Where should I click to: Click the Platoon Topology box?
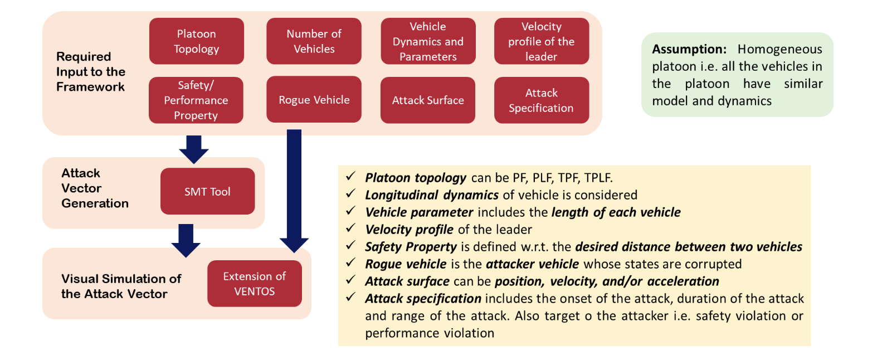[x=197, y=41]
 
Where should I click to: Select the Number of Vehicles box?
[x=314, y=41]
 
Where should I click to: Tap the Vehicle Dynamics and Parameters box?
[x=428, y=41]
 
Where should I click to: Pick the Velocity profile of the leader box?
[x=542, y=41]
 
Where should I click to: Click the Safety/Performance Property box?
[x=196, y=100]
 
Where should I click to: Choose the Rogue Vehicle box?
[x=314, y=99]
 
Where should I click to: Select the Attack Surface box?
[x=428, y=100]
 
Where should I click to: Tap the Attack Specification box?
[x=542, y=100]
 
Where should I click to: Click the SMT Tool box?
[x=207, y=191]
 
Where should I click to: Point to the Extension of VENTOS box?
[x=255, y=284]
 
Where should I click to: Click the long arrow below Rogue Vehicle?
[x=294, y=191]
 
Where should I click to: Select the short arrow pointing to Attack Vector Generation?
[x=194, y=150]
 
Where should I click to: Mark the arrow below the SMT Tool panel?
[x=186, y=241]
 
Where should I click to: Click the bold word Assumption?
[x=689, y=49]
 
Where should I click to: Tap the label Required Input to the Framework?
[x=91, y=72]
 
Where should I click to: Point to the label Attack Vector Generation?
[x=95, y=188]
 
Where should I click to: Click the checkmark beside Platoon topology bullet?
[x=351, y=176]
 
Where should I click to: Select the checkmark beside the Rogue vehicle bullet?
[x=351, y=262]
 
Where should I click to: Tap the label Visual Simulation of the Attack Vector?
[x=121, y=286]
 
